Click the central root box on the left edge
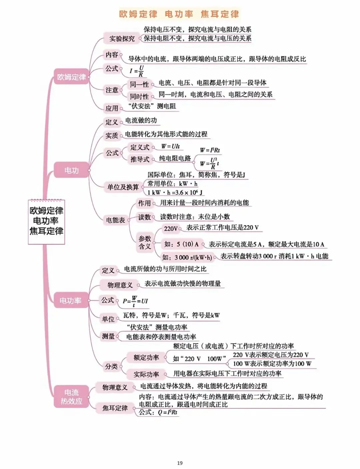tap(46, 221)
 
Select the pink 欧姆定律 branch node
tap(71, 77)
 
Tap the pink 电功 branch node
tap(71, 171)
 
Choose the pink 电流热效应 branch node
tap(71, 397)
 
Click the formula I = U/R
tap(137, 71)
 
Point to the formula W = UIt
tap(170, 146)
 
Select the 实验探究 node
tap(122, 39)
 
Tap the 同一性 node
tap(139, 85)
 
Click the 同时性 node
tap(139, 97)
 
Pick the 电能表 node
tap(115, 220)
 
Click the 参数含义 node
tap(145, 242)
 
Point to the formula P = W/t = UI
tap(135, 301)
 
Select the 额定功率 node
tap(146, 358)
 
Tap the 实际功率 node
tap(146, 374)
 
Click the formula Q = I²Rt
tap(167, 412)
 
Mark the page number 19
tap(180, 463)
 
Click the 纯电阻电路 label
tap(175, 159)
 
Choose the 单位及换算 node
tap(123, 187)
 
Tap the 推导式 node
tap(140, 159)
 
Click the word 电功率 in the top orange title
tap(179, 14)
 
